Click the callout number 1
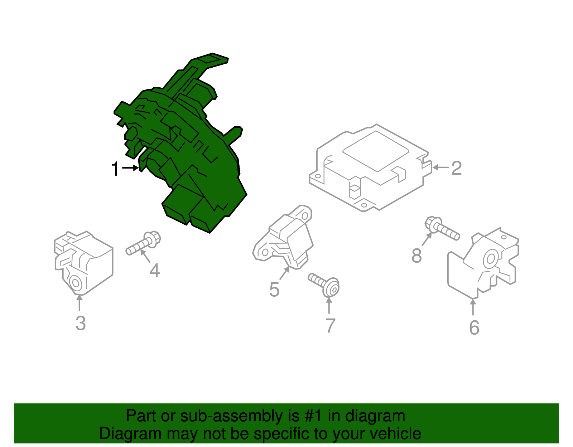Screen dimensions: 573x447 tap(116, 169)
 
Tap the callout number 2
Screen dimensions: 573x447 tap(457, 168)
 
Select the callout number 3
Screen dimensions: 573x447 tap(81, 323)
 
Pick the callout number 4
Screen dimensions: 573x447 tap(154, 271)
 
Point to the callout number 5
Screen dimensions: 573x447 tap(274, 290)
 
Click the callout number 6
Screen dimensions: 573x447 tap(474, 328)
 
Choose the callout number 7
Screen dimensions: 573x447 tap(331, 326)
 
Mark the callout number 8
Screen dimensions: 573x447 tap(416, 255)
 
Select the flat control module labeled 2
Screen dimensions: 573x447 tap(371, 167)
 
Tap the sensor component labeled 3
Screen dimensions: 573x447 tap(83, 263)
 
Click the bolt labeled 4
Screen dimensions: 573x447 tap(143, 243)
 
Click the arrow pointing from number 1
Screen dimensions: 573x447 tap(130, 168)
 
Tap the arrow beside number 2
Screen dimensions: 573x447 tap(440, 167)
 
